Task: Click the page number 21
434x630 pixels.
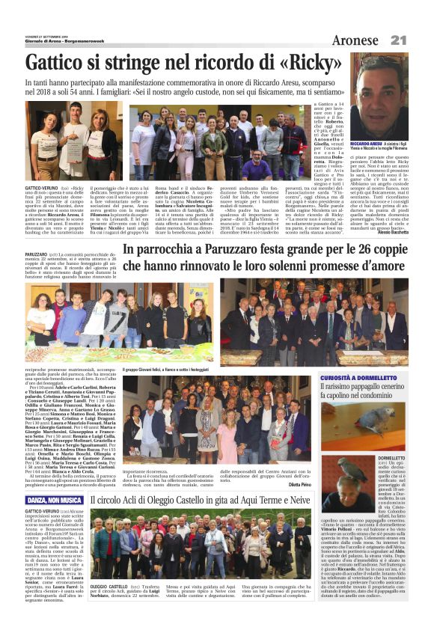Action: click(x=398, y=39)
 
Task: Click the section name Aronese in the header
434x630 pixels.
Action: click(x=355, y=40)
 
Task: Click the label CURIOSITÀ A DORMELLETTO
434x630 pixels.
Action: click(x=352, y=378)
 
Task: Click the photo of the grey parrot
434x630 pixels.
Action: click(x=364, y=426)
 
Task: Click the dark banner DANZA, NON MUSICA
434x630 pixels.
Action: click(x=55, y=499)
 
